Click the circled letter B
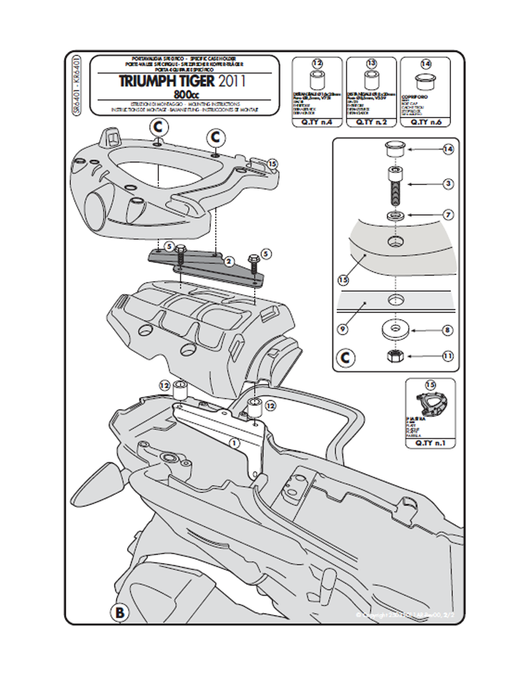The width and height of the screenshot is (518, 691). [119, 612]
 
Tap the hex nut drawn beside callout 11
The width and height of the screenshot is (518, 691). [392, 356]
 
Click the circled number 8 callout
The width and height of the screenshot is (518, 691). [448, 330]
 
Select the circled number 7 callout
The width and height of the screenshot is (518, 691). [448, 215]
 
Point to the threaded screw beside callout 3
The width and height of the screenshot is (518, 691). [394, 185]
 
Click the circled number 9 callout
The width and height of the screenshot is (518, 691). [342, 329]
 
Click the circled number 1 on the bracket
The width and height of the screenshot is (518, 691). [233, 440]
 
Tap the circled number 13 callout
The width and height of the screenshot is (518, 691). [372, 64]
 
